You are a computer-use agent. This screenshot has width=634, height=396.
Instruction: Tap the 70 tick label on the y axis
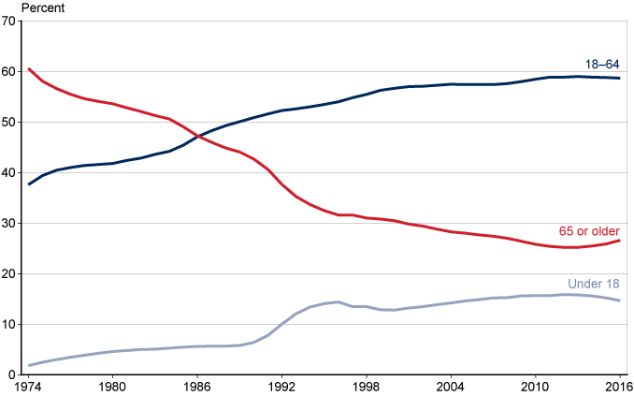coord(12,22)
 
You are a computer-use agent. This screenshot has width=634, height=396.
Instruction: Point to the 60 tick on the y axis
coord(12,72)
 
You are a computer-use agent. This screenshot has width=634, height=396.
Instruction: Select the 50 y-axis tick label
coord(12,123)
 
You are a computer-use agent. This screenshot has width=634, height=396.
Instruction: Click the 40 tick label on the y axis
coord(12,173)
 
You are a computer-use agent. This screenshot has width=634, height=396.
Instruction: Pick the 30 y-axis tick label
coord(12,224)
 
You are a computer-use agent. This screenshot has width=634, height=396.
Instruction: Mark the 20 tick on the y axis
coord(12,274)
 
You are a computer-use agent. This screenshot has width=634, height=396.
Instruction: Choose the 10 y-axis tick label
coord(12,325)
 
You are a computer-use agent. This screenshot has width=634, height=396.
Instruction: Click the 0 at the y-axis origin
coord(15,374)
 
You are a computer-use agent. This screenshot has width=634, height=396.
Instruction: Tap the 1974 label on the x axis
coord(28,387)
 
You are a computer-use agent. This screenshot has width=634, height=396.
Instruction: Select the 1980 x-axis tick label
coord(112,387)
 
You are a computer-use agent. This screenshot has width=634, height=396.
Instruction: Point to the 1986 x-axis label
coord(197,387)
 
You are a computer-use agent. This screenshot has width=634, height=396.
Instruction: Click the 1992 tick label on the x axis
coord(281,387)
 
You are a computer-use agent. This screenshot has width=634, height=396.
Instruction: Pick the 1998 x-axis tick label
coord(366,387)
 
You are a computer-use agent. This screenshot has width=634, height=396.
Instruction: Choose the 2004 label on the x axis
coord(451,387)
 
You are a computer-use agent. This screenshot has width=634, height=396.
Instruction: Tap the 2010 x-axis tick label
coord(535,387)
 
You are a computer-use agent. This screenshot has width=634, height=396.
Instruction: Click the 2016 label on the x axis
coord(617,387)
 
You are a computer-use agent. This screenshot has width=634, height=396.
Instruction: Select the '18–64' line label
coord(602,65)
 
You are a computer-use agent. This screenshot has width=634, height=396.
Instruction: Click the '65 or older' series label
coord(590,230)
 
